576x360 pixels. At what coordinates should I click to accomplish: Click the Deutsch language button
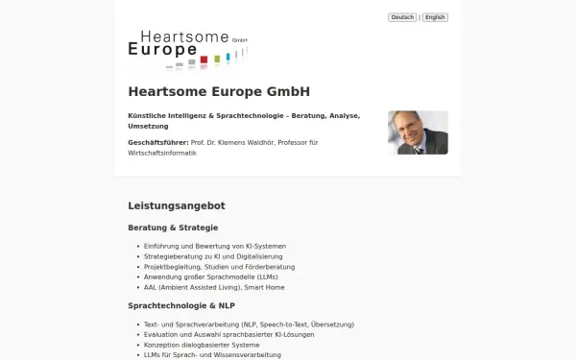[401, 17]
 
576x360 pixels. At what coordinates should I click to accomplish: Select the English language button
[436, 17]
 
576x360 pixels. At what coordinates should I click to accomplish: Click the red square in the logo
[204, 60]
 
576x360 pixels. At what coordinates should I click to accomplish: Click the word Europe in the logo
[162, 49]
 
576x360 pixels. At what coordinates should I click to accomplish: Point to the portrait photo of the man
[418, 132]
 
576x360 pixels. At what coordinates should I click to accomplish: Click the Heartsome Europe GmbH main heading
[219, 92]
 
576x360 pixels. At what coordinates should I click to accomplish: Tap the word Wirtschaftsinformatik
[162, 153]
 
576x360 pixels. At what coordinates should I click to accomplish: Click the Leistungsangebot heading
[177, 205]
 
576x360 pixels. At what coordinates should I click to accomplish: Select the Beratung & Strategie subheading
[173, 228]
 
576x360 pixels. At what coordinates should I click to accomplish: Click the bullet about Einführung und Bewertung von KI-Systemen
[215, 246]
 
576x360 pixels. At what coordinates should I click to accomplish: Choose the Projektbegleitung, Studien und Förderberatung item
[219, 267]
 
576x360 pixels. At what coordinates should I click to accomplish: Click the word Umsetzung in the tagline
[149, 126]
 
